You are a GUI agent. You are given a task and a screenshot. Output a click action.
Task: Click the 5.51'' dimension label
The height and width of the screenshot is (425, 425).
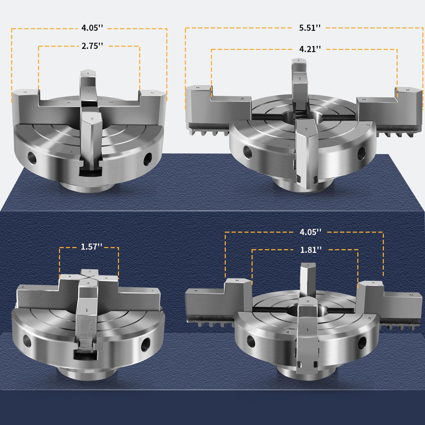[310, 28]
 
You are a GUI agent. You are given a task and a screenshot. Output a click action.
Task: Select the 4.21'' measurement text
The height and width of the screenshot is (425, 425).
[310, 49]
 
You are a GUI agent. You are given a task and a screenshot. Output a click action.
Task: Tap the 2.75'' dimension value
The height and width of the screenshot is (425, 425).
[92, 46]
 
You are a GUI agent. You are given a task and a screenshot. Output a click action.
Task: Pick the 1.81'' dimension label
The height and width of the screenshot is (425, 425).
[311, 250]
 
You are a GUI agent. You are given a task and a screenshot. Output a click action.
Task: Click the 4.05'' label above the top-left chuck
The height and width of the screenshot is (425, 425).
[92, 28]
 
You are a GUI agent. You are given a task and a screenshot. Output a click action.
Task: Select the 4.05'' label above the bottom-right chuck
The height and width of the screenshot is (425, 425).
[311, 232]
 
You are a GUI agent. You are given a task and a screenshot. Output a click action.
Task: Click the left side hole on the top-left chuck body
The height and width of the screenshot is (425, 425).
[32, 158]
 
